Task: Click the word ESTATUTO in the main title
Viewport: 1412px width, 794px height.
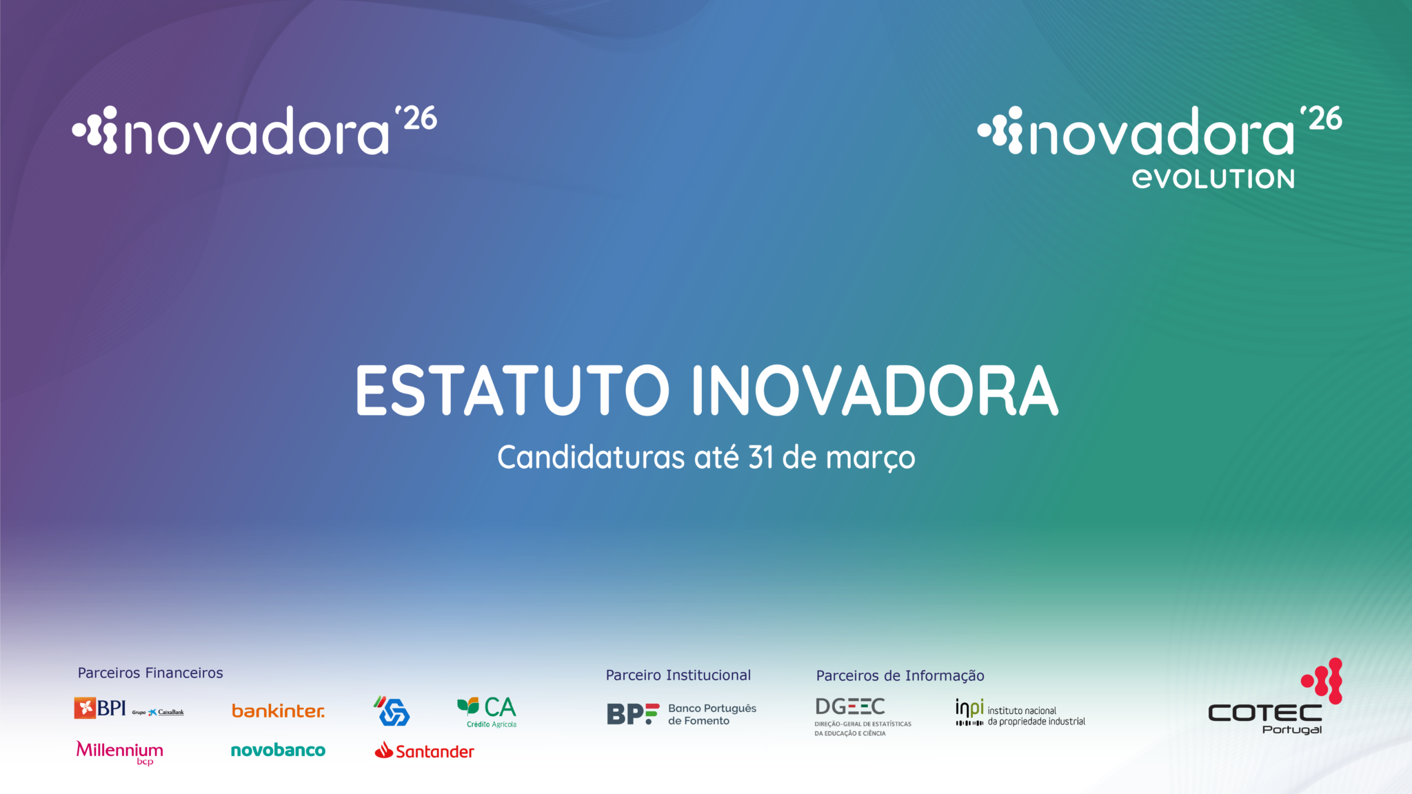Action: (x=512, y=390)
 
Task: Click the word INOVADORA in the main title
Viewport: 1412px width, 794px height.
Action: (x=875, y=390)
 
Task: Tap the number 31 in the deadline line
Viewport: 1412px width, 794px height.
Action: (x=761, y=457)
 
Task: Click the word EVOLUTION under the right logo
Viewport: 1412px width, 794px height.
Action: (x=1213, y=179)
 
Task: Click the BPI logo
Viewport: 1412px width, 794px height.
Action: (x=129, y=708)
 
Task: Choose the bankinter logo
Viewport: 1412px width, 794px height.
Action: (x=278, y=711)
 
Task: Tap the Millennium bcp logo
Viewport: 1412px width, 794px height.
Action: (x=119, y=752)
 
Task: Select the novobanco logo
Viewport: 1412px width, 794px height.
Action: (x=278, y=750)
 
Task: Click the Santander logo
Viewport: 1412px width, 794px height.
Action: (x=424, y=751)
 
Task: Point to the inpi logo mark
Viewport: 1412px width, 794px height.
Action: (x=969, y=712)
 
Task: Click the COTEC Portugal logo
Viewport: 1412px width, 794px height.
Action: (x=1275, y=697)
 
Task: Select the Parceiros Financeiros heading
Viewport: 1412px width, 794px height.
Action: (x=150, y=673)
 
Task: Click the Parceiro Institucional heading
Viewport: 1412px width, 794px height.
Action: (x=678, y=675)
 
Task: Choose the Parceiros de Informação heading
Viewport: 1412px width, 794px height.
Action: (x=900, y=676)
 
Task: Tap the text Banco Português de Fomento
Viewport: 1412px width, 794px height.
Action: (x=712, y=715)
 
